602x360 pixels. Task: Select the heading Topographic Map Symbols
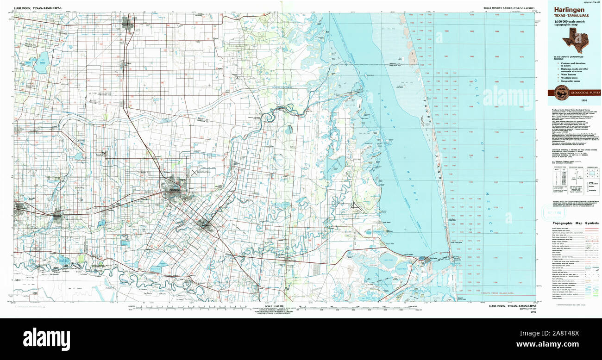coord(575,223)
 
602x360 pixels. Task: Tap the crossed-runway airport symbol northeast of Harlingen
coord(194,172)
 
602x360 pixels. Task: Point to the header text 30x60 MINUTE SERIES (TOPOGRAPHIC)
coord(508,9)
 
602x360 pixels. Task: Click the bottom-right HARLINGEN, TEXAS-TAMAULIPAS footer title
coord(512,306)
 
